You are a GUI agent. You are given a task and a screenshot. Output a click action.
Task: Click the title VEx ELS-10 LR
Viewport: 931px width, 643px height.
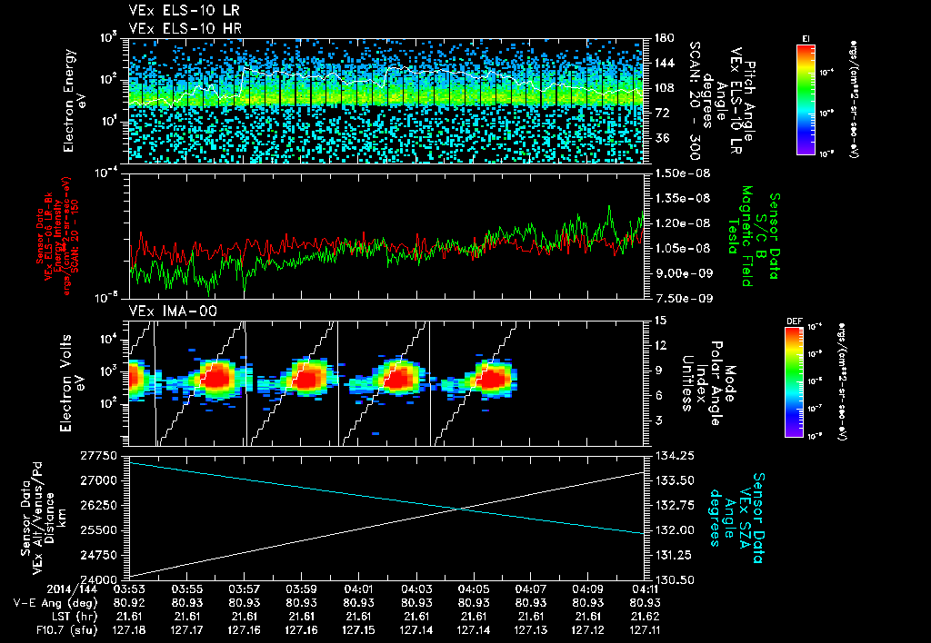179,11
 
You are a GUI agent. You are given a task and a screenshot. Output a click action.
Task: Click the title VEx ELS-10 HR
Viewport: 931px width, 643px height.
179,27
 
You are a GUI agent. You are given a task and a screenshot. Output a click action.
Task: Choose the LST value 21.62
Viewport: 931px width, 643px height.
646,615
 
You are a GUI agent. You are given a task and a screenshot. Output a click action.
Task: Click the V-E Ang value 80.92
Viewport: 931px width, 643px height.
129,602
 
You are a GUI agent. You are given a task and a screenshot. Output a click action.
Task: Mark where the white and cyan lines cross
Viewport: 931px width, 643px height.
462,507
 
